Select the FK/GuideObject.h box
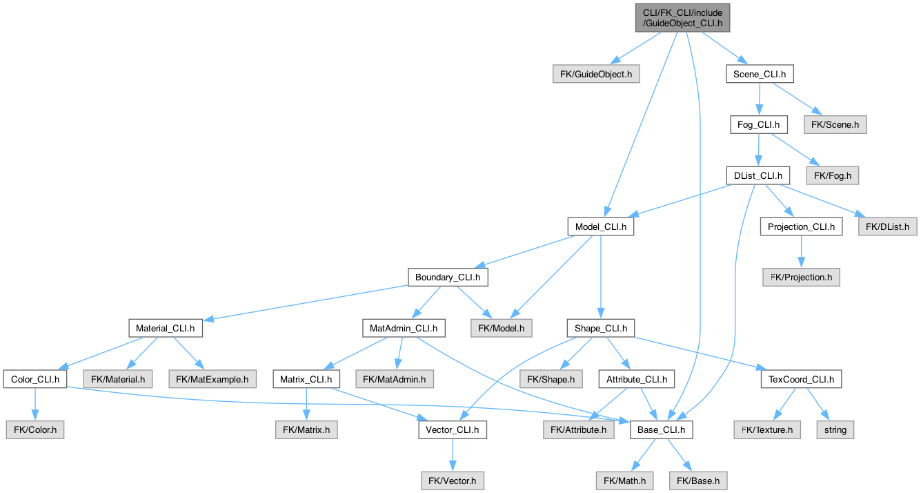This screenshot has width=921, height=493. pos(597,74)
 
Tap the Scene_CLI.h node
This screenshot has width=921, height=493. pos(759,74)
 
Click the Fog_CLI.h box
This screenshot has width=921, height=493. pos(759,125)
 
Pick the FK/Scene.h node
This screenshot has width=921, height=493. pos(835,125)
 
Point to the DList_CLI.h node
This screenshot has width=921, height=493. pos(757,175)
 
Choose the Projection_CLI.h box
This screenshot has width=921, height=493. pos(801,226)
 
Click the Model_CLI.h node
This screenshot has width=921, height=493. pos(600,226)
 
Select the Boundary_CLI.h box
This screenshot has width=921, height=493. pos(448,278)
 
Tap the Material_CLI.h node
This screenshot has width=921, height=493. pos(166,328)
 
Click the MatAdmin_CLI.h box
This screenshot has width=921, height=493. pos(404,328)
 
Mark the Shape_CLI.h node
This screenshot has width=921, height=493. pos(600,328)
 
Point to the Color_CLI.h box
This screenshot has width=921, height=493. pos(35,379)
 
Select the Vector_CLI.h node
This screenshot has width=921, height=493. pos(452,429)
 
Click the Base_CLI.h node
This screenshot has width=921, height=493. pos(660,429)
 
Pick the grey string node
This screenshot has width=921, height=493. pos(835,429)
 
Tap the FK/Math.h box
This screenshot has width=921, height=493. pos(624,481)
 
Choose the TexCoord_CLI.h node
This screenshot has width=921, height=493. pos(800,379)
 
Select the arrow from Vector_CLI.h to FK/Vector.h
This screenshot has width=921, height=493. pos(452,455)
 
